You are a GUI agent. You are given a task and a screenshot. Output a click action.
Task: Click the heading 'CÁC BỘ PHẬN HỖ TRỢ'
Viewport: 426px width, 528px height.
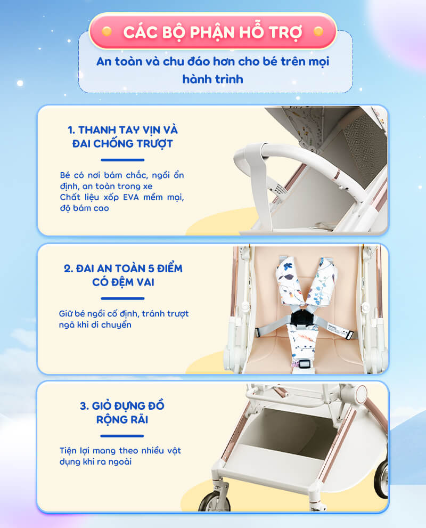tap(212, 33)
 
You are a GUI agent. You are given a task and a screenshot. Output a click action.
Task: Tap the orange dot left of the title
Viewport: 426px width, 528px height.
tap(106, 31)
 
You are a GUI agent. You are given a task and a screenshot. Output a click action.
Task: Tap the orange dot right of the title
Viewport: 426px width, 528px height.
tap(318, 31)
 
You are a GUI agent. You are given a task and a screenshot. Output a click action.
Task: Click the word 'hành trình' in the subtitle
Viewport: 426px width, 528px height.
tap(212, 79)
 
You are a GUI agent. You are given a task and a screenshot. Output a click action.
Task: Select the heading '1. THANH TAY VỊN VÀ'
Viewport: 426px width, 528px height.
tap(123, 129)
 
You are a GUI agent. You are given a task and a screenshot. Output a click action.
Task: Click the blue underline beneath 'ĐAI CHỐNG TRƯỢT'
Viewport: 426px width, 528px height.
tap(122, 160)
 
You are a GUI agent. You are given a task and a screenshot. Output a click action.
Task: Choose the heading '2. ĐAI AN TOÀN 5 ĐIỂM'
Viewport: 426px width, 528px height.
tap(123, 269)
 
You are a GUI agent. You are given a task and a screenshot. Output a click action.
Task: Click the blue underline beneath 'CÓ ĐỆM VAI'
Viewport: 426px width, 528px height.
tap(122, 298)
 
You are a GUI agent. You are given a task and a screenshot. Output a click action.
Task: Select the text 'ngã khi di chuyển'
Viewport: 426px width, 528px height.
tap(95, 324)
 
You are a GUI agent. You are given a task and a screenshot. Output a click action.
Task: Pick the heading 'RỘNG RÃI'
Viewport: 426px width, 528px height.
tap(122, 419)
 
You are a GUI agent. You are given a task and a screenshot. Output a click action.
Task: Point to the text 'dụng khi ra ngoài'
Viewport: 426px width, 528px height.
tap(95, 461)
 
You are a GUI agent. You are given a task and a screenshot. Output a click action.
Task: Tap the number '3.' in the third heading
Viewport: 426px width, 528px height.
tap(85, 406)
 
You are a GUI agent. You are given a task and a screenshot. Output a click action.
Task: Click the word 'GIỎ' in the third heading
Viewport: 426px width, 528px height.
tap(102, 405)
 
